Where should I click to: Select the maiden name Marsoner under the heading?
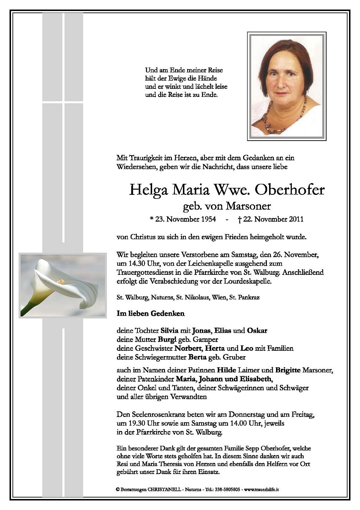click(x=248, y=206)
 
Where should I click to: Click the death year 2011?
click(x=296, y=219)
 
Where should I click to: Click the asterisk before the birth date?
click(x=151, y=219)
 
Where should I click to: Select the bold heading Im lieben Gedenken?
click(x=151, y=314)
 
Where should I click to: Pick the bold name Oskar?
click(x=257, y=330)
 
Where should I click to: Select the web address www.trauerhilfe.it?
click(x=261, y=489)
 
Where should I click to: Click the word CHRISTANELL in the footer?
click(x=165, y=489)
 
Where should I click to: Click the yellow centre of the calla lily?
click(x=61, y=282)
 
